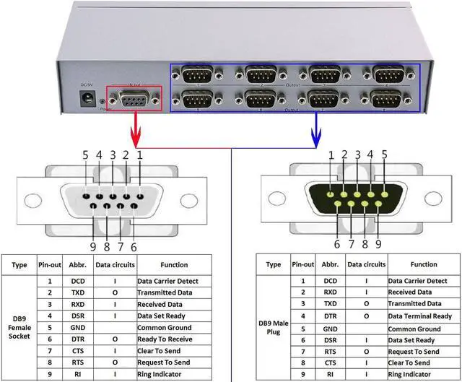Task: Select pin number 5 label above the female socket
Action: point(85,155)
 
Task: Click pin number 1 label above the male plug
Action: point(331,154)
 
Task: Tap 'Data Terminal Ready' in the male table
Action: point(419,316)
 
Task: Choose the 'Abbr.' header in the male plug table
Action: point(330,264)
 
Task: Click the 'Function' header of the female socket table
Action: point(175,265)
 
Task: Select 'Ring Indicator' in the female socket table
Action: point(163,374)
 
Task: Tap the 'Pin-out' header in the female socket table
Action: point(49,265)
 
